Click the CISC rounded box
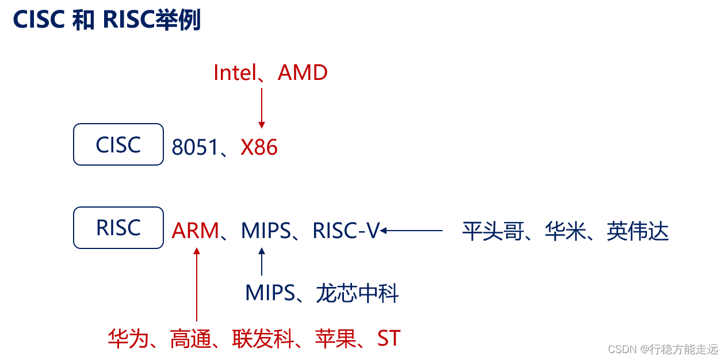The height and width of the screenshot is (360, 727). tap(118, 145)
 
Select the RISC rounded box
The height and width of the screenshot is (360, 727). tap(118, 228)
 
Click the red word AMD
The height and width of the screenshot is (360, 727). tap(303, 73)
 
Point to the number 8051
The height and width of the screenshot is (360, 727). tap(194, 148)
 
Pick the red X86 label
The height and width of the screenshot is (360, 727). tap(259, 148)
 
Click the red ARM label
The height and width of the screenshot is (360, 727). tap(196, 231)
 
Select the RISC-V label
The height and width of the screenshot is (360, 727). tap(346, 231)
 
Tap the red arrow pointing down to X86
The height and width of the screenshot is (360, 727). tap(262, 108)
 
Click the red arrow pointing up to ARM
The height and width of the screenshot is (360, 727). tap(197, 284)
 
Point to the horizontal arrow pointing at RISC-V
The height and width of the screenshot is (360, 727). tap(411, 231)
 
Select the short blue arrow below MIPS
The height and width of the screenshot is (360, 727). tap(262, 262)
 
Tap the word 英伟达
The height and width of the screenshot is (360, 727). tap(638, 232)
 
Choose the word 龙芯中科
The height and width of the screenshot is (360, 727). tap(357, 294)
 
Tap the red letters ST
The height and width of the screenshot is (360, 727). tap(389, 339)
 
